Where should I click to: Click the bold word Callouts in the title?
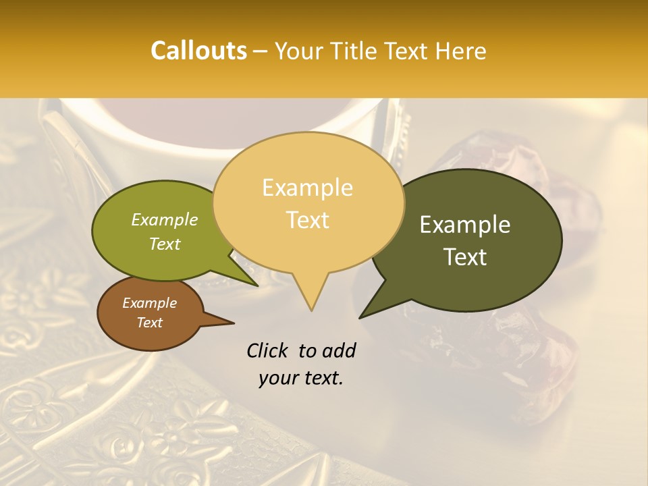[198, 51]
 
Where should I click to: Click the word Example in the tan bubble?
[307, 188]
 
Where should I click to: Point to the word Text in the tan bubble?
[308, 220]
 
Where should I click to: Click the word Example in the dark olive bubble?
[465, 225]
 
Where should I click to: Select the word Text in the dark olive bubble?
[466, 257]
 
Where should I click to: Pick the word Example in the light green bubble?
[165, 219]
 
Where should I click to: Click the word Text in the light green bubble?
[165, 244]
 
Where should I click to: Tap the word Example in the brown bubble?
[149, 303]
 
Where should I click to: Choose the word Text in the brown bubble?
[149, 323]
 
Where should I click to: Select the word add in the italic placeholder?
[338, 350]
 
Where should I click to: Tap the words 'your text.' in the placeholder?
[301, 378]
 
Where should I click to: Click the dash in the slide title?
[261, 51]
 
